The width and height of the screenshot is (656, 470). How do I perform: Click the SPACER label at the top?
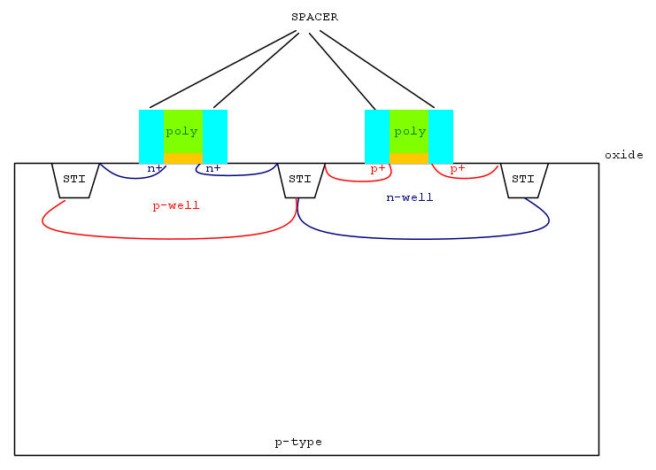pyautogui.click(x=314, y=17)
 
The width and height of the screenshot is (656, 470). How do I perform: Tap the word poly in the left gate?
pyautogui.click(x=181, y=132)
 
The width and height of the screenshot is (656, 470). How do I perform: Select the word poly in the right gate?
pyautogui.click(x=410, y=132)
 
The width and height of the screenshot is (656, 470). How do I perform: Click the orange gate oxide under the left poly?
pyautogui.click(x=183, y=158)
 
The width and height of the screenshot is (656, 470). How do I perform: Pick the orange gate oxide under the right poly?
pyautogui.click(x=409, y=158)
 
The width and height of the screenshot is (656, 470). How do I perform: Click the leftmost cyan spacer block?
pyautogui.click(x=151, y=136)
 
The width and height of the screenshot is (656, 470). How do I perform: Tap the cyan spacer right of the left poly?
pyautogui.click(x=215, y=136)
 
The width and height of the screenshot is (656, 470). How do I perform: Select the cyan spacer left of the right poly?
pyautogui.click(x=377, y=136)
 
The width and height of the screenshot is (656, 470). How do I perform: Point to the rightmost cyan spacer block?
pyautogui.click(x=441, y=136)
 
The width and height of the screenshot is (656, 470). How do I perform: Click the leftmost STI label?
pyautogui.click(x=74, y=179)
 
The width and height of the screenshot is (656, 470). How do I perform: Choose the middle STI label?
pyautogui.click(x=300, y=179)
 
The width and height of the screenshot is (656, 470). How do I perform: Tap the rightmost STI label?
pyautogui.click(x=523, y=179)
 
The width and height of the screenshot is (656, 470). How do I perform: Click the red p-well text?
pyautogui.click(x=176, y=205)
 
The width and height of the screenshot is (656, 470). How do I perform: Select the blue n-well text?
pyautogui.click(x=410, y=197)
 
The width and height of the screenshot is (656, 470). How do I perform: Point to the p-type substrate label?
pyautogui.click(x=298, y=443)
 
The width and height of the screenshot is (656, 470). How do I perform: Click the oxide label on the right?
pyautogui.click(x=624, y=155)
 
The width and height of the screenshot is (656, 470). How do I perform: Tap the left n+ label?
pyautogui.click(x=154, y=168)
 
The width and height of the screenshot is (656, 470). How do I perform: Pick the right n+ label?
pyautogui.click(x=213, y=168)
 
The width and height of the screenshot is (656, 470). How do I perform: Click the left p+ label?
pyautogui.click(x=378, y=169)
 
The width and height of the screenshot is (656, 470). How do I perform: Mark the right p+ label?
pyautogui.click(x=458, y=169)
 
